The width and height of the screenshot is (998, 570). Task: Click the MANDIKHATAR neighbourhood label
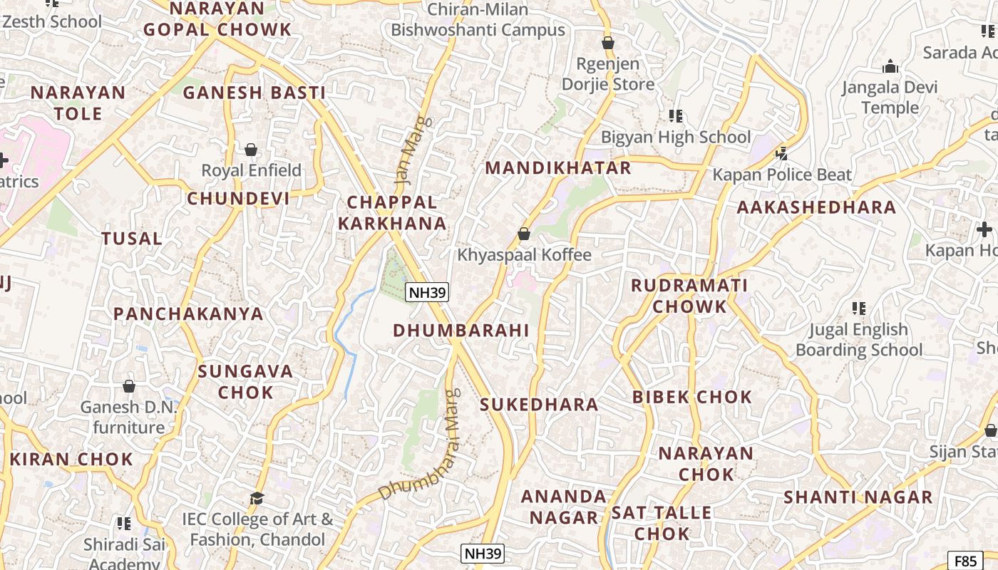click(x=557, y=168)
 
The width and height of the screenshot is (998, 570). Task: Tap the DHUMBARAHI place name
click(x=461, y=331)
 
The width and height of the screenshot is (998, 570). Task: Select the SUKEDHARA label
click(x=539, y=405)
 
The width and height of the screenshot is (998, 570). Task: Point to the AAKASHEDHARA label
click(x=816, y=207)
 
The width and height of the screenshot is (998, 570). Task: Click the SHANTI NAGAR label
click(x=858, y=497)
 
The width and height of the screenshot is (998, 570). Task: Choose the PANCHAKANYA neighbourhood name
click(x=188, y=314)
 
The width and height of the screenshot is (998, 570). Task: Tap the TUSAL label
click(x=132, y=239)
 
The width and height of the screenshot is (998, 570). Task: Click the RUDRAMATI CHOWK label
click(x=689, y=296)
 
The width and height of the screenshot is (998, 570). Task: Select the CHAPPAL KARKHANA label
click(x=392, y=213)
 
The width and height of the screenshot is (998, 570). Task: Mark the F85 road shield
click(x=965, y=560)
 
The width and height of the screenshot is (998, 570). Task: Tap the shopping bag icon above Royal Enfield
click(x=251, y=150)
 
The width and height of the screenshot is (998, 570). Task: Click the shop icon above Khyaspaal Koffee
click(x=524, y=234)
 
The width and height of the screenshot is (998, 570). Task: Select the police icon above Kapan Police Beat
click(x=782, y=152)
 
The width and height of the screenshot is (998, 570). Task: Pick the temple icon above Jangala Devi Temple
click(x=890, y=67)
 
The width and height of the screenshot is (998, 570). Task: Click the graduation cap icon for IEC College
click(x=257, y=497)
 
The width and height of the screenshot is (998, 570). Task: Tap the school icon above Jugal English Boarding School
click(x=858, y=309)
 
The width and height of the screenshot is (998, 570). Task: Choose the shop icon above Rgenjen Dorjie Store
click(x=608, y=43)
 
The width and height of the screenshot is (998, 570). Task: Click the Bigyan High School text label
click(x=676, y=137)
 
